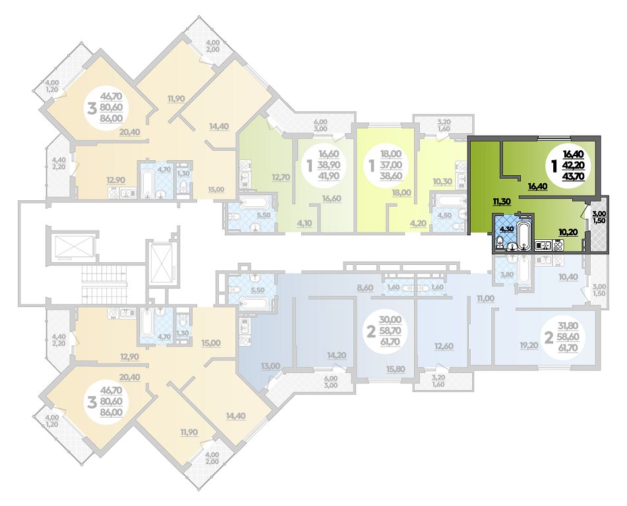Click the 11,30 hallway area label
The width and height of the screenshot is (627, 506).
click(x=502, y=202)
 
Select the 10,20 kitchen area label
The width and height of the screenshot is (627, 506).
click(x=568, y=231)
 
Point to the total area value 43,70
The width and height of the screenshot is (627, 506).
click(x=573, y=175)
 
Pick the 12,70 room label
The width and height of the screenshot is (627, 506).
click(x=281, y=177)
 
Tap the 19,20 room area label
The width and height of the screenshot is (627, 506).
click(x=529, y=346)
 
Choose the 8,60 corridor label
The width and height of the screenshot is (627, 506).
click(x=365, y=287)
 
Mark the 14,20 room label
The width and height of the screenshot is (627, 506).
click(x=337, y=356)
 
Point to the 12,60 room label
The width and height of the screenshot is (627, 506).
click(x=444, y=346)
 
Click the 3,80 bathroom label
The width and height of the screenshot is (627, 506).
click(x=506, y=275)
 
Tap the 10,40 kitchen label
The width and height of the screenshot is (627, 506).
click(x=568, y=277)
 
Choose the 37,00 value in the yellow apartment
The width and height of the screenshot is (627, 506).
click(x=391, y=165)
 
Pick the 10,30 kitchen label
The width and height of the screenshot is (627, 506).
click(x=442, y=181)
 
